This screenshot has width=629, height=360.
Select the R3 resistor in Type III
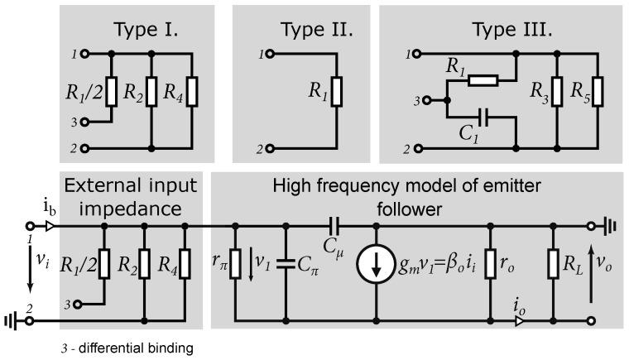click(555, 103)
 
